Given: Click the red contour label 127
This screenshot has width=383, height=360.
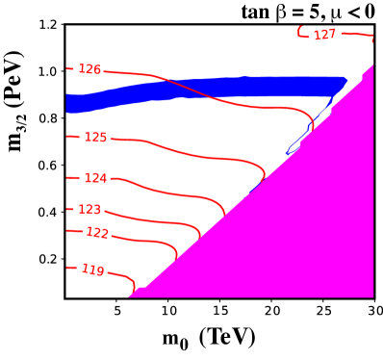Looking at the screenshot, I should pos(325,35).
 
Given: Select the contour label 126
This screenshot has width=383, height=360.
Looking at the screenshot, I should pos(89,70).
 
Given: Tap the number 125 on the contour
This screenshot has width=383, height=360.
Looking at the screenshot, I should pos(95,138).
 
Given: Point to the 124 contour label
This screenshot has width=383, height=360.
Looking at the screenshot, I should pos(95,178).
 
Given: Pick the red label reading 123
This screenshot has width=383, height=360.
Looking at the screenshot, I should pos(89,209).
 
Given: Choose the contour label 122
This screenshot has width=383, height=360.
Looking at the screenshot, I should pos(97,233).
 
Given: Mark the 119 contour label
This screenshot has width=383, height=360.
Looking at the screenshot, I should pos(92,270).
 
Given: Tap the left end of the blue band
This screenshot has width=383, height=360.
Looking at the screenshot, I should pos(68,104).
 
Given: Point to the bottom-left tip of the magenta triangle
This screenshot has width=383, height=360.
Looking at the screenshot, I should pos(131,296).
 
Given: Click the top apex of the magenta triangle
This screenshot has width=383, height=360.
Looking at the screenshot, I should pos(371,66).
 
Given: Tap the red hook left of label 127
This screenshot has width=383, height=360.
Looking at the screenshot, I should pos(301,33).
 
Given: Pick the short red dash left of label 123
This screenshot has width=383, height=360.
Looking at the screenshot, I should pos(69,209).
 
